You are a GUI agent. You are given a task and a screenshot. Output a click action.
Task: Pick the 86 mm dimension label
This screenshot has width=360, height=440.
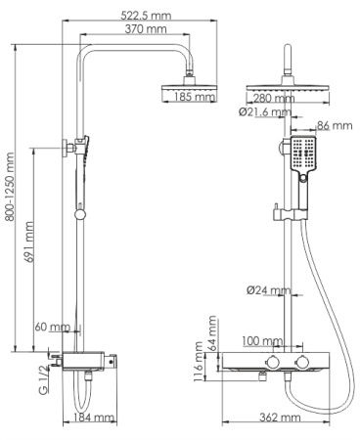[336, 125]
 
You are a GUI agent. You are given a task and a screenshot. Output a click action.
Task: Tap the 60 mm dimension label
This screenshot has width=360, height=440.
[52, 327]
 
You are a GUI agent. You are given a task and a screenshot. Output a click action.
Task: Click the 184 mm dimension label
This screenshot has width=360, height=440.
[95, 418]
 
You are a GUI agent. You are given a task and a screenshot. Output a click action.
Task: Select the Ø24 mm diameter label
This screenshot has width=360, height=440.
[268, 289]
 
